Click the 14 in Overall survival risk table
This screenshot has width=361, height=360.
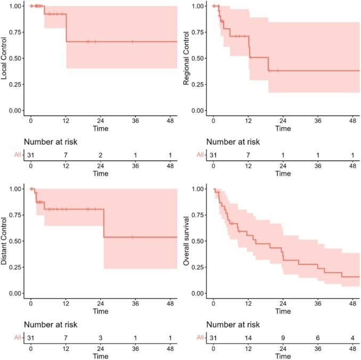click(248, 337)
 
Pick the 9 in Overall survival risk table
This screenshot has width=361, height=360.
click(283, 337)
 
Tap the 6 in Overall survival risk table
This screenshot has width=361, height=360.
click(317, 337)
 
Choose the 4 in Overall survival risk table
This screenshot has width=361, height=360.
click(352, 337)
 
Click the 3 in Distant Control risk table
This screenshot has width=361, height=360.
click(100, 337)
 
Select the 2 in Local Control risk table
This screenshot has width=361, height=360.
click(100, 154)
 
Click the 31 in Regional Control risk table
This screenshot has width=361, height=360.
click(214, 154)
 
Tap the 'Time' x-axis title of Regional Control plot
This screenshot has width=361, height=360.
click(283, 129)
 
